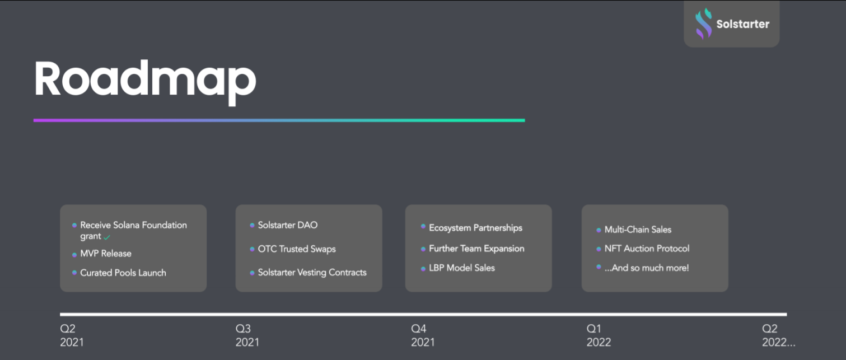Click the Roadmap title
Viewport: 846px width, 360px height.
[145, 81]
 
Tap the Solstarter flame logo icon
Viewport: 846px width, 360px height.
[704, 24]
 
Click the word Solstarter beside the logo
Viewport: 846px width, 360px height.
[742, 24]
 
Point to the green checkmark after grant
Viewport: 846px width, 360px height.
[107, 237]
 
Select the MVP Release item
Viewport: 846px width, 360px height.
[106, 254]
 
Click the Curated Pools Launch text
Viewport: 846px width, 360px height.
[123, 273]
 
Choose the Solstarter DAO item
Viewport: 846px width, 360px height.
[288, 225]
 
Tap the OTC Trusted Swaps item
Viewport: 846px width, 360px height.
[297, 249]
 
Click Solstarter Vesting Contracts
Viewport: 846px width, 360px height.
[312, 272]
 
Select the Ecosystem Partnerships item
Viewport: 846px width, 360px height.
[475, 228]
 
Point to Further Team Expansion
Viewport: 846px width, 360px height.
[476, 249]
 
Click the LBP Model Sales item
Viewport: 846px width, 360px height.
[462, 268]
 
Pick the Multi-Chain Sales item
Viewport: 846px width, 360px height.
[638, 230]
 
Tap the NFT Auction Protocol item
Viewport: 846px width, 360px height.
[647, 249]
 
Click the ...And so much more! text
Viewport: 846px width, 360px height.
[647, 268]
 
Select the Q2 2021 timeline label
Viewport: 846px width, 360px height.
[72, 335]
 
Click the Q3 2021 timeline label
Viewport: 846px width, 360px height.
[247, 335]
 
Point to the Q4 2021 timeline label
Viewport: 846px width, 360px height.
[423, 335]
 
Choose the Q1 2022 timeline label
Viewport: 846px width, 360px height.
[599, 335]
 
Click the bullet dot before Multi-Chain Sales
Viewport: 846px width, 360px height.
[599, 230]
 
